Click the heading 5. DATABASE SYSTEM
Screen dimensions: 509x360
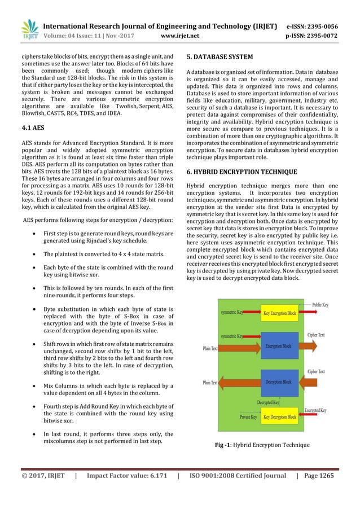(219, 57)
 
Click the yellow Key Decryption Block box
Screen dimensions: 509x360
(279, 417)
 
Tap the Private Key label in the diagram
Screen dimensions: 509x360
(248, 417)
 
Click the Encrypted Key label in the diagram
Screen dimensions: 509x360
(315, 410)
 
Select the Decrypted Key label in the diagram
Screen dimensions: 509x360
(268, 402)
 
